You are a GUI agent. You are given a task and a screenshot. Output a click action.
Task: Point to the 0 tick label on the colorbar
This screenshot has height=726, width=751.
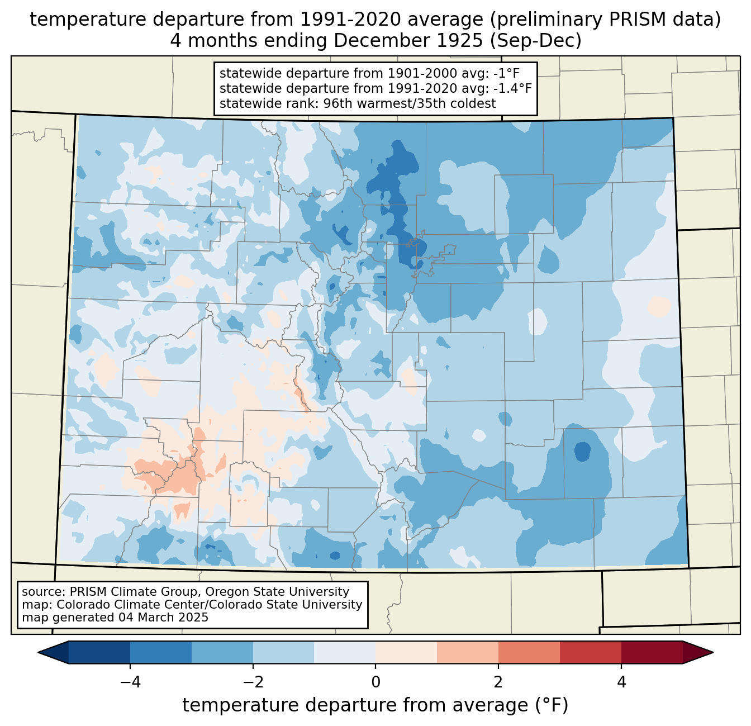click(x=375, y=682)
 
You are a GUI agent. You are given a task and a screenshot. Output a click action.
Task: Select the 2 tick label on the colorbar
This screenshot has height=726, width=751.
click(x=498, y=682)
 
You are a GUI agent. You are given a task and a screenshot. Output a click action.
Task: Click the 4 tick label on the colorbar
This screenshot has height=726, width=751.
click(x=621, y=682)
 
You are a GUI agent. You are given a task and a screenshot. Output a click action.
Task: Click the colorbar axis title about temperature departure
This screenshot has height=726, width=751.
click(x=375, y=705)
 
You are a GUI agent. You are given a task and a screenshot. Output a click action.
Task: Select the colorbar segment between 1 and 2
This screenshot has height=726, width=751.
click(x=468, y=652)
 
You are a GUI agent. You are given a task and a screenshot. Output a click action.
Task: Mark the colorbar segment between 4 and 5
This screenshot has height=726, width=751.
click(x=652, y=652)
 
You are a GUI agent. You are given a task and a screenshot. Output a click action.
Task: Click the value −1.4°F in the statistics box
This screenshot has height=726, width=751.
click(x=512, y=88)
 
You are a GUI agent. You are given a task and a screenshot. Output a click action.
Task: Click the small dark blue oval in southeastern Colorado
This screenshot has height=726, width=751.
click(x=582, y=451)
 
